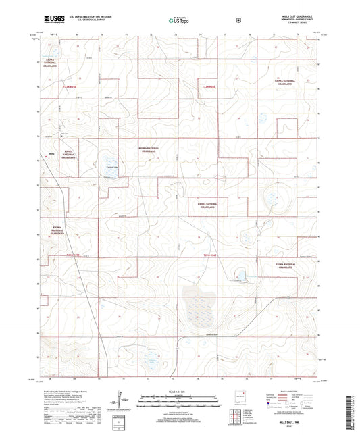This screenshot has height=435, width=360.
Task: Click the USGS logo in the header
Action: [53, 21]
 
